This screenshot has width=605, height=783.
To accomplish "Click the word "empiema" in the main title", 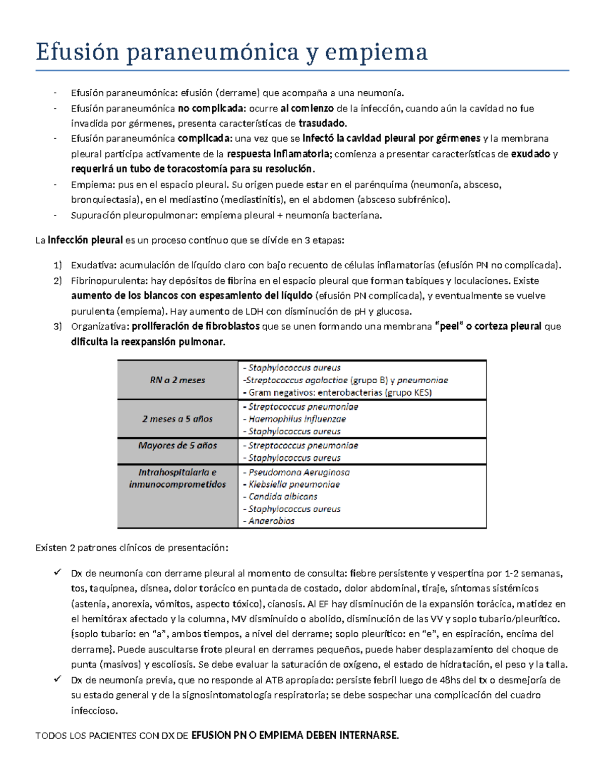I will (x=376, y=52).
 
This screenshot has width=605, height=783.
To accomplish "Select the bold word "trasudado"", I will (x=322, y=124).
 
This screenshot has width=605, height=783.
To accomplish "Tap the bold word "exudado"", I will (x=530, y=154).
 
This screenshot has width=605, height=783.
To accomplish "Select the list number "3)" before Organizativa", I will (x=57, y=327).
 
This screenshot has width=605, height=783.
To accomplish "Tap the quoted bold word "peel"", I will (x=449, y=327).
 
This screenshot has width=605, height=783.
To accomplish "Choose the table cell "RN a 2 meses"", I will (x=177, y=380).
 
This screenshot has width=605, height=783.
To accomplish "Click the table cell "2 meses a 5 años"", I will (x=177, y=419).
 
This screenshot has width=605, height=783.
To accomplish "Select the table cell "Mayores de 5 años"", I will (x=177, y=446).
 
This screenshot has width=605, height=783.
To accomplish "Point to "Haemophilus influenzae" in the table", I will (x=297, y=419).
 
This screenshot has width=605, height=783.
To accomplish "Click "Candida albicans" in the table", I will (x=282, y=497).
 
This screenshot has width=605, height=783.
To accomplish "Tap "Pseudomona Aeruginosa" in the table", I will (x=298, y=472).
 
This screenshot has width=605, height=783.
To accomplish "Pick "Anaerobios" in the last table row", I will (x=271, y=521).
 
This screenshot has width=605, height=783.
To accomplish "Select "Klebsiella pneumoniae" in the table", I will (x=294, y=485).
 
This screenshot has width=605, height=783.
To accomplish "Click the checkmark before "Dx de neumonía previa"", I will (x=57, y=680).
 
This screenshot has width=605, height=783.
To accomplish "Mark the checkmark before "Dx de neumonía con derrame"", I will (x=57, y=573).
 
